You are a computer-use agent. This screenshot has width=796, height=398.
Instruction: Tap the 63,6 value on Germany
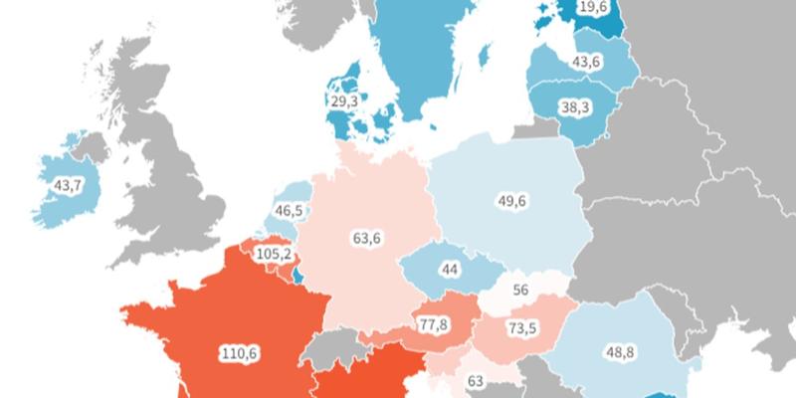(366, 238)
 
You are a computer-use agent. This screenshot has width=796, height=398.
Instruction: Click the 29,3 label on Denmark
(344, 102)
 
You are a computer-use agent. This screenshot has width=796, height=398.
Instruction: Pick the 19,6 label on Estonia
(593, 8)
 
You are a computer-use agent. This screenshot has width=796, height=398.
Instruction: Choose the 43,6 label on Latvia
(585, 62)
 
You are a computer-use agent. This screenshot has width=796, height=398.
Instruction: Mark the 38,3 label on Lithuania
(574, 106)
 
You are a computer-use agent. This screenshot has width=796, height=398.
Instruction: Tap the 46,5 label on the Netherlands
(291, 210)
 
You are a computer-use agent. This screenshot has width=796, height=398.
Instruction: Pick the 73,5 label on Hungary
(517, 328)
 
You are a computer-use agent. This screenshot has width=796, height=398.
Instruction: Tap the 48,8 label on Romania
(621, 350)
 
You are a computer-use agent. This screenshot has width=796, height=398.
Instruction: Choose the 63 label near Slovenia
(475, 380)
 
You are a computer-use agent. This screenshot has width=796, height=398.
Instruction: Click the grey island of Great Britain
(169, 169)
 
